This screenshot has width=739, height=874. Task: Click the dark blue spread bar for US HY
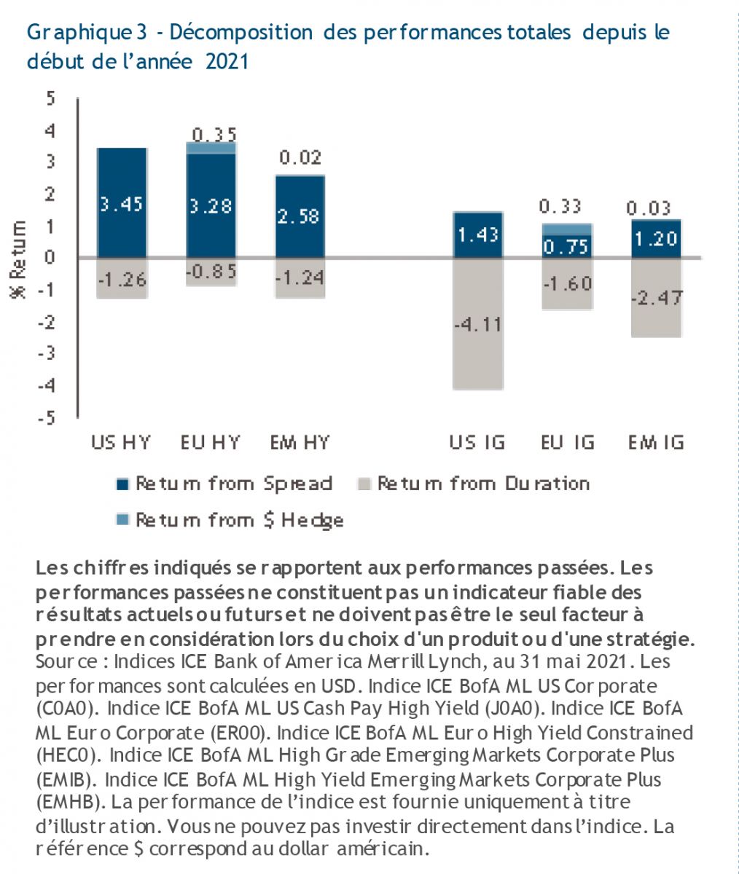(x=122, y=175)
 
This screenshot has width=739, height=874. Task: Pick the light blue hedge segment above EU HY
(x=211, y=148)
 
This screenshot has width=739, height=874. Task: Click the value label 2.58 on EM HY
(x=300, y=216)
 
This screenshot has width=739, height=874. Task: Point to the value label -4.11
(x=477, y=324)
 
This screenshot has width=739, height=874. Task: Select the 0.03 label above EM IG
(x=649, y=209)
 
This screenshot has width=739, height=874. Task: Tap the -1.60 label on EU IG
(x=566, y=284)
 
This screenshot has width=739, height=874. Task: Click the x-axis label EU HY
(x=211, y=442)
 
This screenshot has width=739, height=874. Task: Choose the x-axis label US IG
(x=477, y=442)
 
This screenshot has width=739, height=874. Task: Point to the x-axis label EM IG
(x=656, y=442)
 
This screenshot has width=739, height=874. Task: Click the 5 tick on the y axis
(x=51, y=99)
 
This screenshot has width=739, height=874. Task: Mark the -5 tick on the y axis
(x=47, y=418)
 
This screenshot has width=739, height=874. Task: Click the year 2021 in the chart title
(x=227, y=61)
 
